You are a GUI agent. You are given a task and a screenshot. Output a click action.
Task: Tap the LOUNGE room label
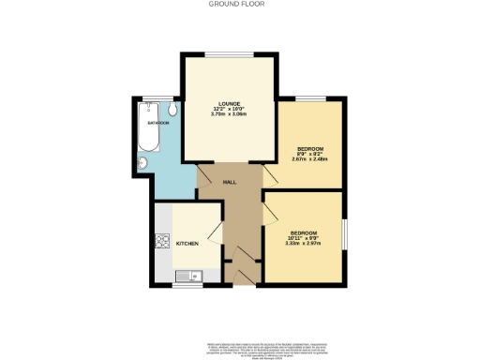point(228,103)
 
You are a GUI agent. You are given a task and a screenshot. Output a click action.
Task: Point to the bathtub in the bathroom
point(151,132)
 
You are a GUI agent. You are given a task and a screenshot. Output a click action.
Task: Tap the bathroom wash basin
point(142,163)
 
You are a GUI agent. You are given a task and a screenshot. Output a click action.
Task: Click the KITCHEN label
point(187,244)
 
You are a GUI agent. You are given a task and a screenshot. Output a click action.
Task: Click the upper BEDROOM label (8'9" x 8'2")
point(310,149)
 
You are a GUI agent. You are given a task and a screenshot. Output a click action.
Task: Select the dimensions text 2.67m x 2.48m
point(310,160)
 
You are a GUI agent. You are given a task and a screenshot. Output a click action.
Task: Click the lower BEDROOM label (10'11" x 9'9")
point(303,232)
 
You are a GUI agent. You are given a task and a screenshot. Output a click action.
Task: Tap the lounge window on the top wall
point(228,53)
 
